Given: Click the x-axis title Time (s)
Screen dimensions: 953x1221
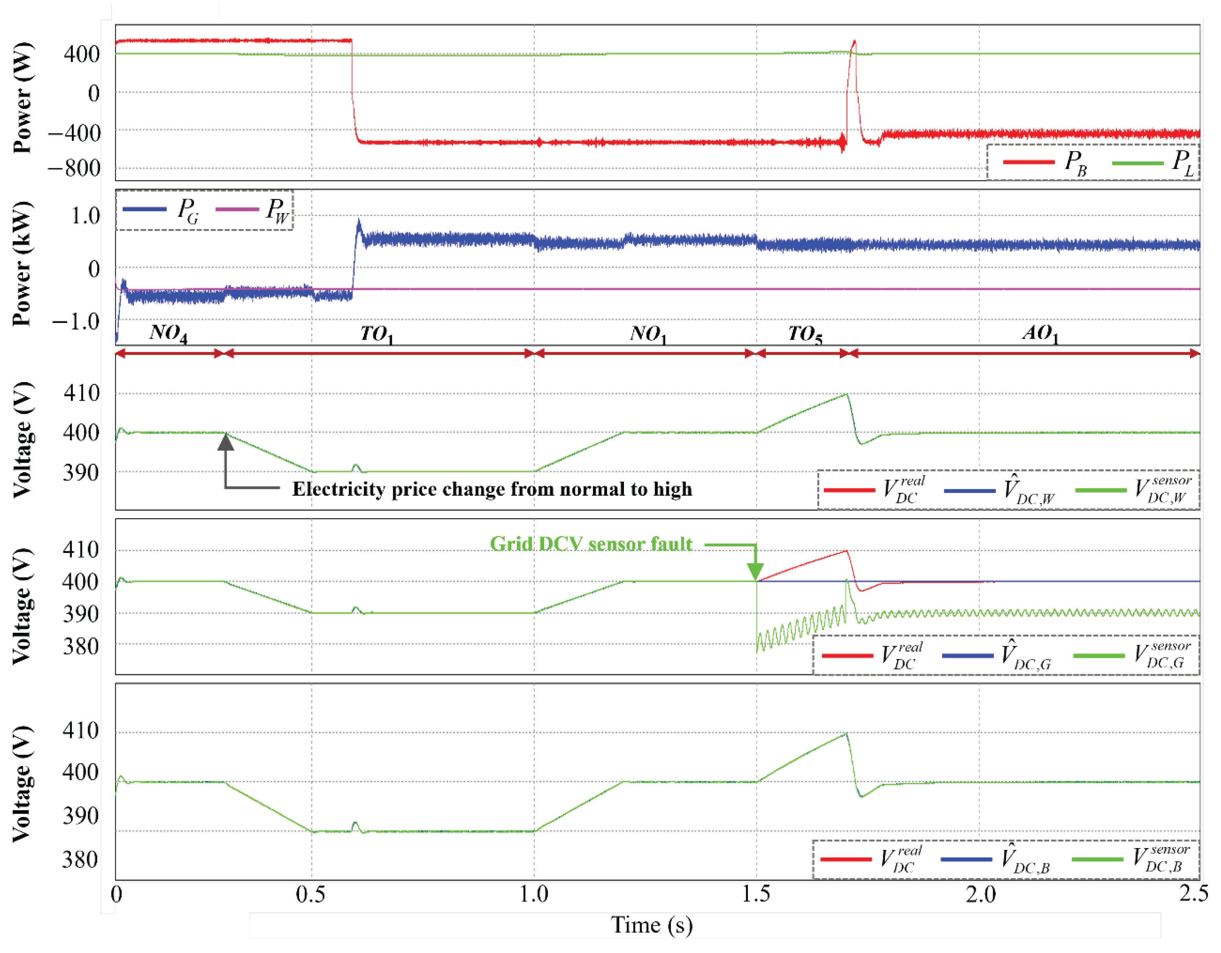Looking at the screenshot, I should (651, 925).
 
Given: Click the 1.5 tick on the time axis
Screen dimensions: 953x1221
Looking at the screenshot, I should (756, 894).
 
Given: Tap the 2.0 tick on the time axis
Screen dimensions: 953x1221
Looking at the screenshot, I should (980, 894).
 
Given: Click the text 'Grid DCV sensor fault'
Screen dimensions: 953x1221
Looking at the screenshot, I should (591, 544).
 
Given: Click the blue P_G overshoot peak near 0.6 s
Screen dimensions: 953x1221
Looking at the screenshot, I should (359, 221).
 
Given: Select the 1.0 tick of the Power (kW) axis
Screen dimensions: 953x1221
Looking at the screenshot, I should (85, 216).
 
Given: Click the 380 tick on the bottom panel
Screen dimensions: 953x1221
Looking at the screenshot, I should (80, 860).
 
